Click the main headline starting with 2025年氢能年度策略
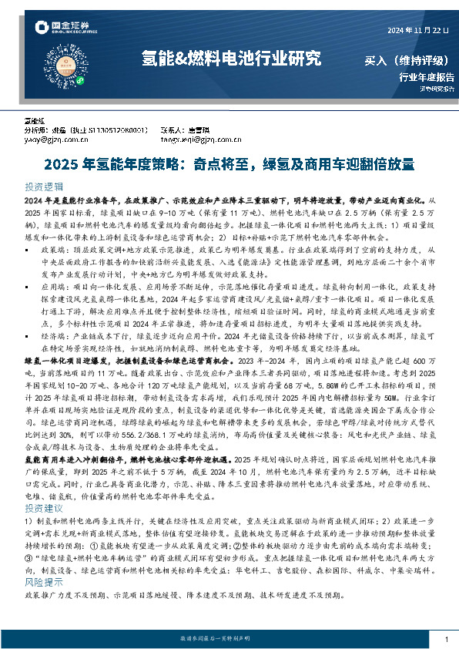[229, 163]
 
